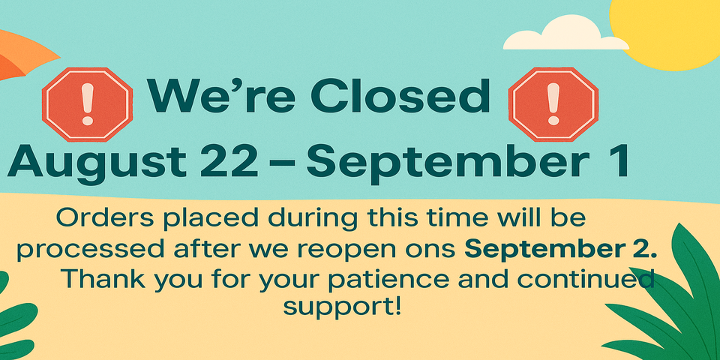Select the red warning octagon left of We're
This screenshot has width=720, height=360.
point(87,104)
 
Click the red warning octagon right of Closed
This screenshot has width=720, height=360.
point(553,104)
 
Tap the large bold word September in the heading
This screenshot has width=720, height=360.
point(448,163)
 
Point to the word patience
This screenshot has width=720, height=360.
point(392,280)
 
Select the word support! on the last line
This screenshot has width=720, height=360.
point(342,307)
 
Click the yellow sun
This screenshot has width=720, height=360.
point(666,33)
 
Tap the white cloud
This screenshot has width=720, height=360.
point(566,33)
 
